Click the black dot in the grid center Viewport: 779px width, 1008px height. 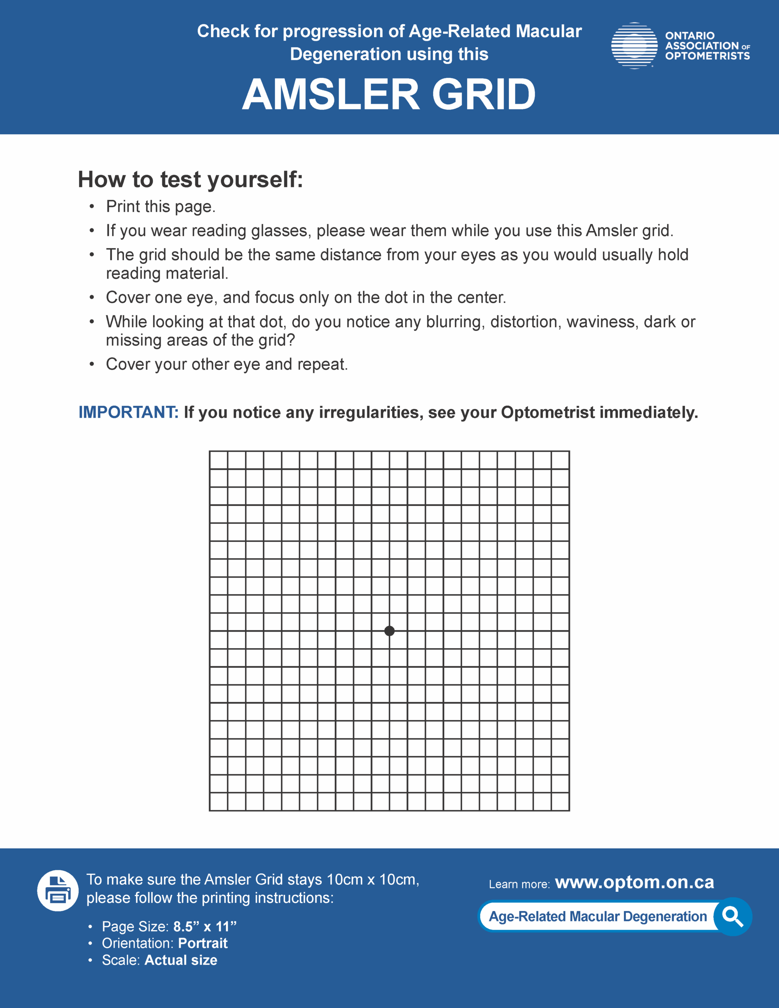[x=389, y=630]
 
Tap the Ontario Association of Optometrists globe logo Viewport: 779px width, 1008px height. [x=634, y=46]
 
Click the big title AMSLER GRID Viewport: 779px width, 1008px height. [x=389, y=94]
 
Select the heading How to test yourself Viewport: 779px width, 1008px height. [x=190, y=179]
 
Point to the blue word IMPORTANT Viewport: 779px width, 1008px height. [x=128, y=412]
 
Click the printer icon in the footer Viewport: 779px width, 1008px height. [x=58, y=890]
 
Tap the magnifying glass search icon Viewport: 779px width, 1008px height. [x=733, y=916]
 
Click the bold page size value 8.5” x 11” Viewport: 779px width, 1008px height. [x=204, y=926]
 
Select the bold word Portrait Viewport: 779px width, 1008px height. [x=203, y=943]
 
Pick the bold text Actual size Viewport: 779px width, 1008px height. [x=180, y=960]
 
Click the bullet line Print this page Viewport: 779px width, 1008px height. [x=161, y=206]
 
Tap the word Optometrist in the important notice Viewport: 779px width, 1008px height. [x=548, y=412]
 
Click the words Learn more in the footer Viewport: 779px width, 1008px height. [x=519, y=884]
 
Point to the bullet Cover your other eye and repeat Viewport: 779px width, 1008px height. [x=227, y=364]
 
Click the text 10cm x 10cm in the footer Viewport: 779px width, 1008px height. [x=372, y=880]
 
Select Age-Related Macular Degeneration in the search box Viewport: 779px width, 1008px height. [x=597, y=916]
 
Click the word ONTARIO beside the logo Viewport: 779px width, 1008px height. [x=690, y=35]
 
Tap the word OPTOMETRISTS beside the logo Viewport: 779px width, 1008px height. [x=707, y=56]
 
